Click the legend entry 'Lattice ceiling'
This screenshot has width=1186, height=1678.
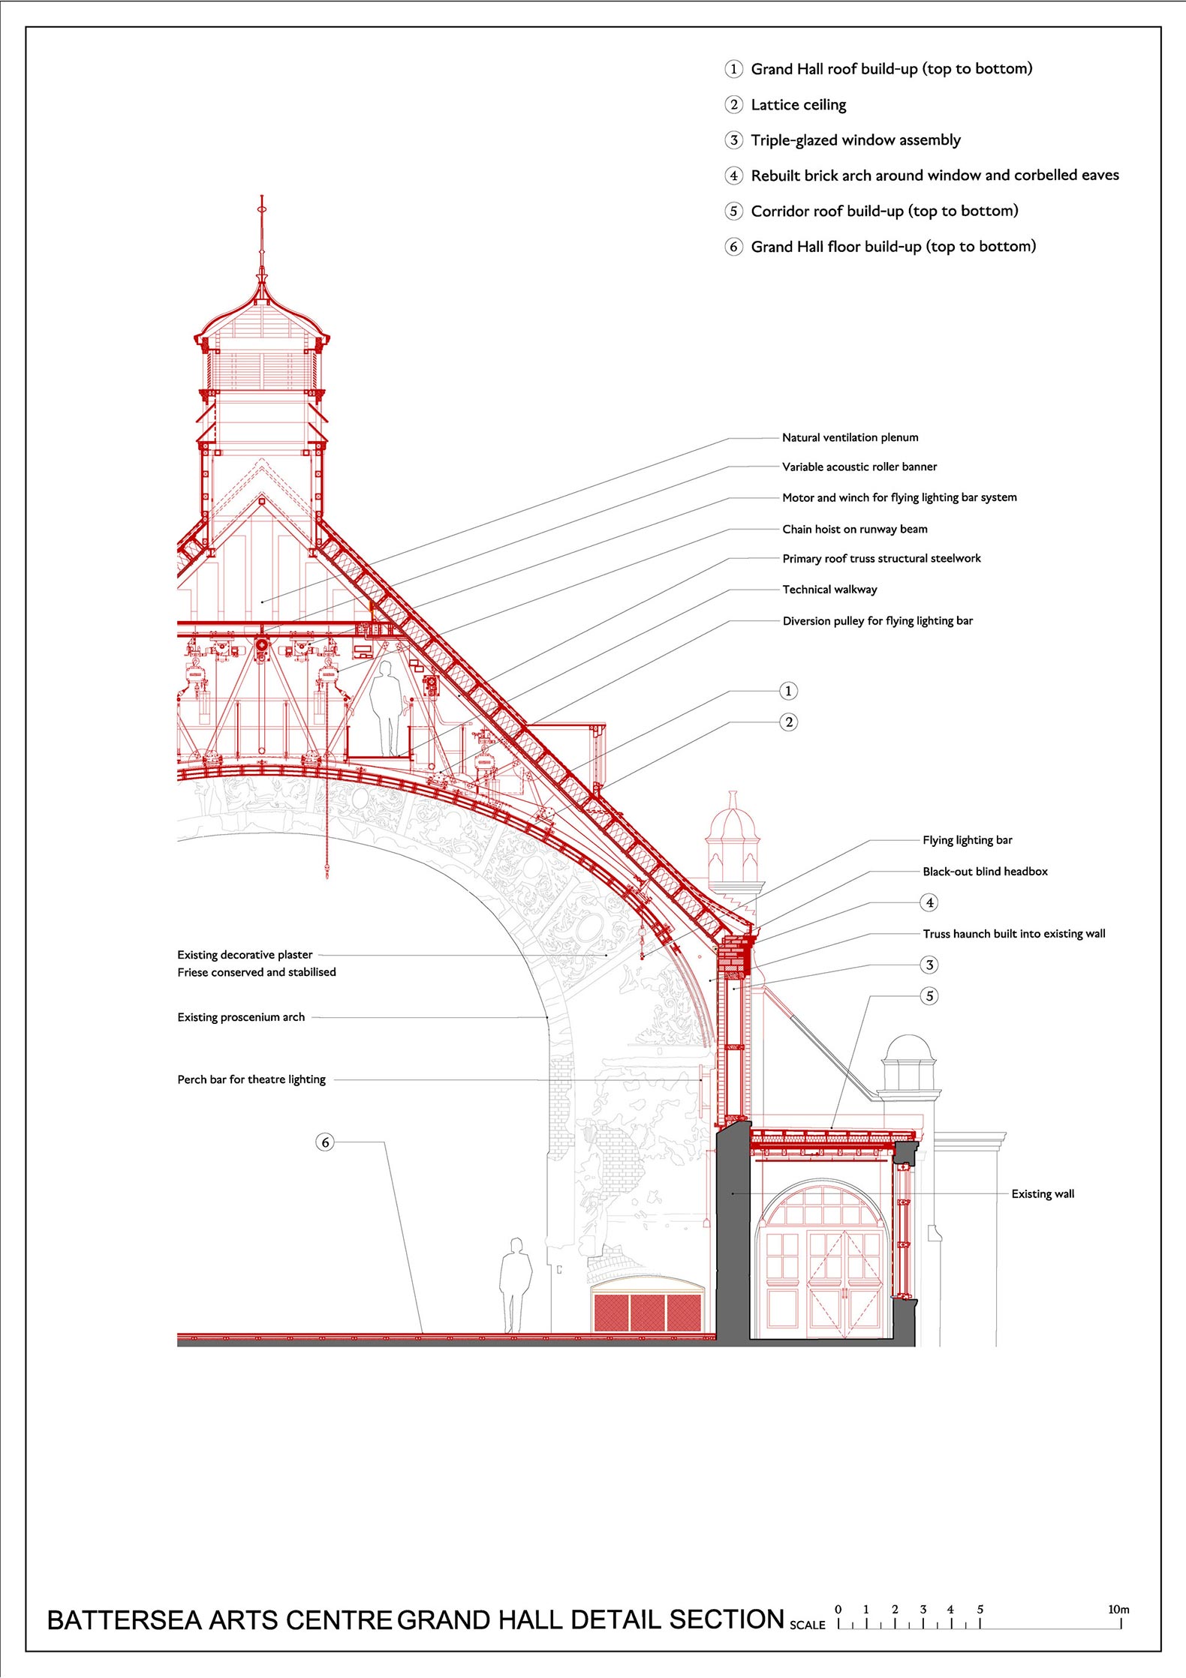pyautogui.click(x=798, y=105)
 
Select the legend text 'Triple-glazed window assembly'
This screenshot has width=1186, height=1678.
pyautogui.click(x=856, y=140)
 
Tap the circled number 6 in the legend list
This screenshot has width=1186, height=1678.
pyautogui.click(x=733, y=247)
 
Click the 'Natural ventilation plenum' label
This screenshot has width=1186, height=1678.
pyautogui.click(x=850, y=437)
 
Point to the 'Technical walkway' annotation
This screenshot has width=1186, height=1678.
pyautogui.click(x=829, y=590)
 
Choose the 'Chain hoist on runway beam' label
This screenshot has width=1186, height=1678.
pyautogui.click(x=854, y=529)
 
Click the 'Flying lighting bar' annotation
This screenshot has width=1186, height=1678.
pyautogui.click(x=967, y=840)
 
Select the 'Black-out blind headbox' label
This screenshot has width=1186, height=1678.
pyautogui.click(x=985, y=872)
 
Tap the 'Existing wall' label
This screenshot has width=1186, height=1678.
pyautogui.click(x=1043, y=1194)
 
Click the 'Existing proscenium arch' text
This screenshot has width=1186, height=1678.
pyautogui.click(x=241, y=1017)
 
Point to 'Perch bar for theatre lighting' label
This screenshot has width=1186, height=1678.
pyautogui.click(x=251, y=1079)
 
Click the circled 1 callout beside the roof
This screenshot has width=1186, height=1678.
pyautogui.click(x=788, y=691)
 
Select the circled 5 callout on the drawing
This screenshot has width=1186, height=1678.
pyautogui.click(x=929, y=996)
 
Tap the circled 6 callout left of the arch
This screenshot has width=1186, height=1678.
pyautogui.click(x=325, y=1142)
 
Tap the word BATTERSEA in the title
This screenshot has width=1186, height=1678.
pyautogui.click(x=125, y=1621)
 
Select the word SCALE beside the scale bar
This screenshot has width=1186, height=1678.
pyautogui.click(x=807, y=1625)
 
